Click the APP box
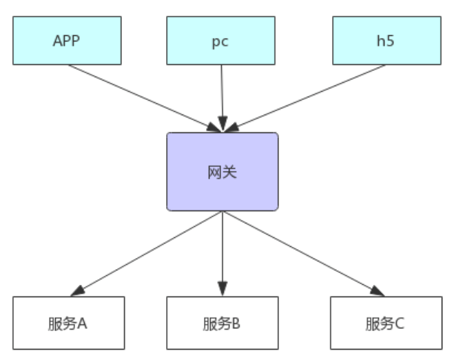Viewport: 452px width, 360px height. (67, 40)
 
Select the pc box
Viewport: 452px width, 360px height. (221, 40)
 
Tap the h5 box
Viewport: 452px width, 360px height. (387, 40)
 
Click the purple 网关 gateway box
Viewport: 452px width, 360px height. (222, 172)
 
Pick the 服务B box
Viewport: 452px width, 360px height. (222, 322)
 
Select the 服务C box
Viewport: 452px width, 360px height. (385, 322)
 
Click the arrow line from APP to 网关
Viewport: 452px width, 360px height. (138, 94)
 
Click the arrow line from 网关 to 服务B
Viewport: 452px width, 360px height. (222, 248)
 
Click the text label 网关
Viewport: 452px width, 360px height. (222, 172)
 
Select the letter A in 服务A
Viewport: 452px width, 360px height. (82, 322)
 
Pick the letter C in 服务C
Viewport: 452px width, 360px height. (400, 322)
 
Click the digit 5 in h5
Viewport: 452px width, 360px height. (392, 40)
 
